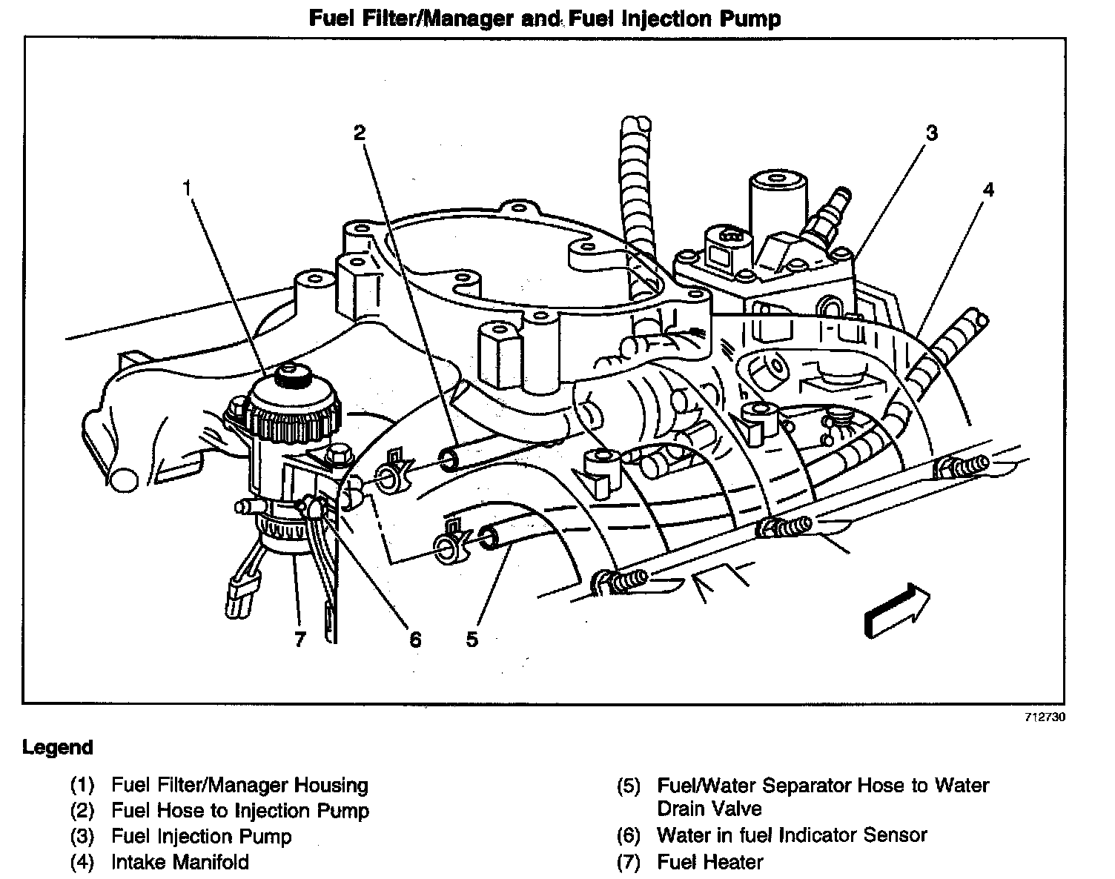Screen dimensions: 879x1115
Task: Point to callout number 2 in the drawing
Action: click(359, 133)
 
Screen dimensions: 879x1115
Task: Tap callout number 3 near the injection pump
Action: click(931, 133)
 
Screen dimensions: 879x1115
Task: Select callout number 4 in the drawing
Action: click(987, 190)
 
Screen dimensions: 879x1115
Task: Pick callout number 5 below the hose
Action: click(472, 639)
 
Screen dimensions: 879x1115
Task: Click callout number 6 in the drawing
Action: click(415, 639)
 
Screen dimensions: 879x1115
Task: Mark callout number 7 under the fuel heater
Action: click(300, 639)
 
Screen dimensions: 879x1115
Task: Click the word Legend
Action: click(58, 747)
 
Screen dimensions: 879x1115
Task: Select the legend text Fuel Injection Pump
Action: click(202, 837)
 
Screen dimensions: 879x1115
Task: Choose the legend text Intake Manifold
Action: click(180, 862)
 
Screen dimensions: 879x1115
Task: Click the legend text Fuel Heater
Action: click(709, 862)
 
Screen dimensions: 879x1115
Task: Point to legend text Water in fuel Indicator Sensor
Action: click(792, 835)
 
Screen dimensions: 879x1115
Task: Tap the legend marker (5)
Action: click(628, 786)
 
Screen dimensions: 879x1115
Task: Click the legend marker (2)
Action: click(82, 812)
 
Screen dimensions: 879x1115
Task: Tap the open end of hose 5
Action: click(489, 537)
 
